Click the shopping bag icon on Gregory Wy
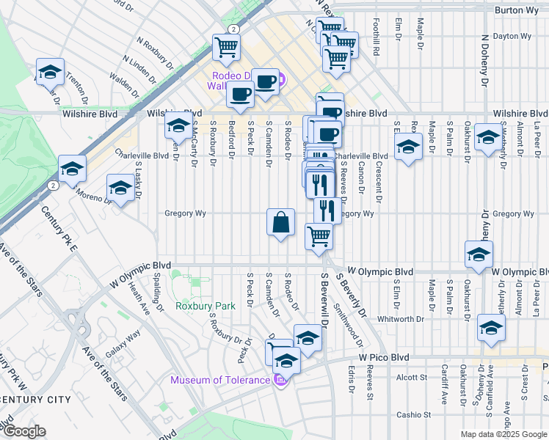tap(280, 223)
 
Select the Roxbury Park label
tap(205, 306)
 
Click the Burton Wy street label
tap(517, 10)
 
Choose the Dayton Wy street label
tap(513, 35)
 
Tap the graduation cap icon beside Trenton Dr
tap(50, 73)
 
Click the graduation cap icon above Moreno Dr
tap(120, 188)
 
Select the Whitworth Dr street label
tap(401, 319)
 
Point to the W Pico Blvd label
tap(384, 357)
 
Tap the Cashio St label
tap(415, 414)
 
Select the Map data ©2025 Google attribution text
tap(503, 434)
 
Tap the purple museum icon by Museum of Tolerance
tap(280, 379)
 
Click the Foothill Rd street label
tap(375, 39)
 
